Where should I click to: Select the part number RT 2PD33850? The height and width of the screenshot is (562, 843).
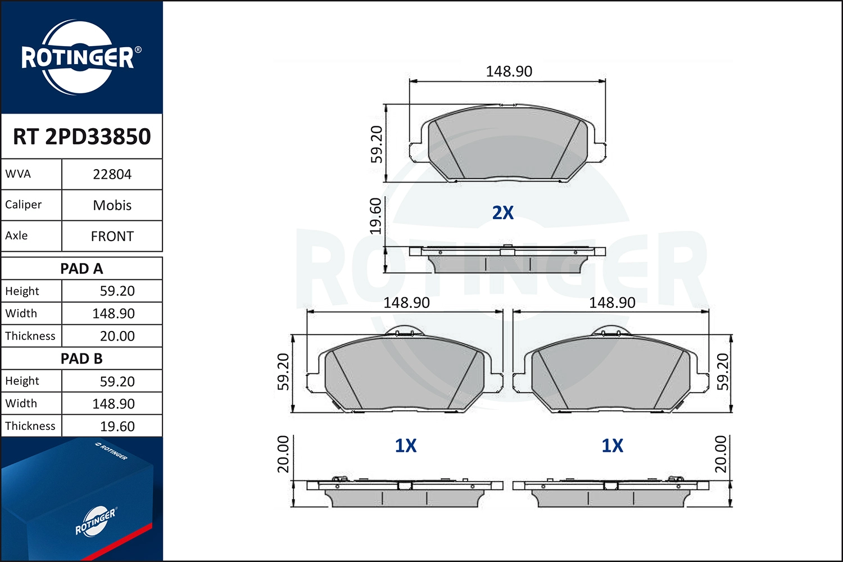[82, 137]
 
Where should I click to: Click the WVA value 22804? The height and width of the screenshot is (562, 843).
[112, 174]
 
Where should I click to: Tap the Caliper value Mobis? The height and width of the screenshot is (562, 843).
[112, 205]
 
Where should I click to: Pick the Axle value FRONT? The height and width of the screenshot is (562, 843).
[112, 236]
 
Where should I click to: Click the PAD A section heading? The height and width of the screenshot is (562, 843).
[81, 269]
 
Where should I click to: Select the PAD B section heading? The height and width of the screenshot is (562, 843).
[81, 359]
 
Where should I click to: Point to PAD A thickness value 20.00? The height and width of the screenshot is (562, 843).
[117, 336]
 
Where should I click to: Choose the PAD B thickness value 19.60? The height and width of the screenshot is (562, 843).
[117, 427]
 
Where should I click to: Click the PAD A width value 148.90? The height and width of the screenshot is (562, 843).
[114, 314]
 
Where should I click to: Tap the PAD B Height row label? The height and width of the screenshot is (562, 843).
[22, 381]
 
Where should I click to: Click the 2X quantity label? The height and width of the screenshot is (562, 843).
[503, 212]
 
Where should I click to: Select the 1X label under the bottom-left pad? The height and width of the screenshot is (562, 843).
[406, 446]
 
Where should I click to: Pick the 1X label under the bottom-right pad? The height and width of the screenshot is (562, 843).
[613, 446]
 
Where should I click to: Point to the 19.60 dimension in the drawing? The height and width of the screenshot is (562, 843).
[375, 216]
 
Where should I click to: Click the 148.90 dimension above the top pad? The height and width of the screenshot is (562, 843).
[509, 71]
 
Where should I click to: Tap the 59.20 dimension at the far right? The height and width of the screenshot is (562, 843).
[723, 372]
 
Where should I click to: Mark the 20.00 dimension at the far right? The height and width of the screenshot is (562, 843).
[720, 454]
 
